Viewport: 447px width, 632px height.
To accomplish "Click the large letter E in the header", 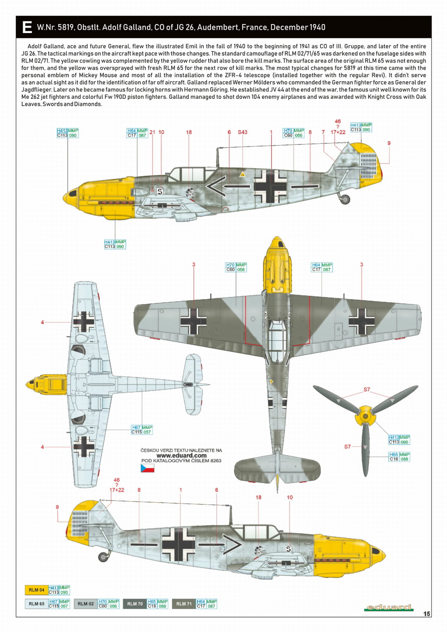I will (x=27, y=27).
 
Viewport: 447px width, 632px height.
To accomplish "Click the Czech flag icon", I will (x=147, y=468).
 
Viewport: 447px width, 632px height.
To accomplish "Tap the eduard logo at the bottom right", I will (x=389, y=607).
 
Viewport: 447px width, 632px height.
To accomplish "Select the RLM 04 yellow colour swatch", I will (x=36, y=590).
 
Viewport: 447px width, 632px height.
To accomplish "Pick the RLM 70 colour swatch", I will (x=135, y=604).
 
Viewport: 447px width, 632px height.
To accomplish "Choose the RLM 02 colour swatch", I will (x=86, y=604).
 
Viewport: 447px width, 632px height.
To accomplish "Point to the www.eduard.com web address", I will (x=181, y=455).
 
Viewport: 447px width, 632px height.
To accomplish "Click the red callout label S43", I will (x=242, y=132).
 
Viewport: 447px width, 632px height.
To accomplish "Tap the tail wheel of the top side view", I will (x=345, y=199).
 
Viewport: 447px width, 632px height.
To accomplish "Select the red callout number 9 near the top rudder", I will (x=389, y=143).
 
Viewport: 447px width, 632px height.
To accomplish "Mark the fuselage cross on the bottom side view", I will (x=178, y=544).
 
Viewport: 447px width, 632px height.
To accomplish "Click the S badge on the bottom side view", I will (x=288, y=549).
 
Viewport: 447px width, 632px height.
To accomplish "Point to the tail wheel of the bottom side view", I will (x=103, y=557).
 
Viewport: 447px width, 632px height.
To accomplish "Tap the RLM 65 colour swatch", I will (x=36, y=604).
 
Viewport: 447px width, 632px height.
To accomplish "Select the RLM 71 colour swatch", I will (x=184, y=604).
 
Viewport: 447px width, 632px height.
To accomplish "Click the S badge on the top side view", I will (x=160, y=191).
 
